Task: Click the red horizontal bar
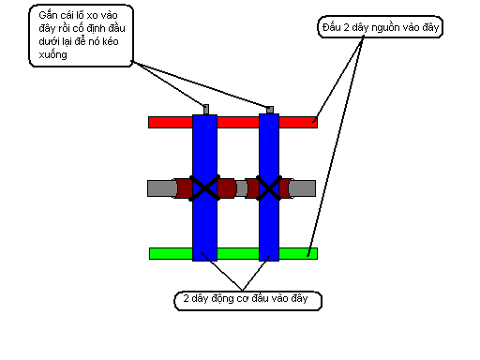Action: (232, 122)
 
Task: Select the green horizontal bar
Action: (233, 253)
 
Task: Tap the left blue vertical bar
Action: (204, 187)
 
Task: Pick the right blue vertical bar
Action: (269, 187)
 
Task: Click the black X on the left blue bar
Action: (204, 187)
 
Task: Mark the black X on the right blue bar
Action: (269, 187)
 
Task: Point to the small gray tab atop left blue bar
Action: (206, 110)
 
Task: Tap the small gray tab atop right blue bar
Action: (270, 110)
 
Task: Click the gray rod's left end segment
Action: (161, 188)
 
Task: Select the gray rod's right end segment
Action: (302, 188)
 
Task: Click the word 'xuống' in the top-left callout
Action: (52, 55)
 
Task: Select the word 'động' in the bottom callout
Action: (222, 298)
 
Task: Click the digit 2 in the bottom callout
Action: (186, 298)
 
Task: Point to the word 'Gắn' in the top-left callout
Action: (48, 15)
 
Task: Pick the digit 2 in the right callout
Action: (346, 27)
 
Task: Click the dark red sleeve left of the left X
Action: (184, 188)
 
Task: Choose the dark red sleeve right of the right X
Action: (285, 188)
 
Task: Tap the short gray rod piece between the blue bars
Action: (241, 188)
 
